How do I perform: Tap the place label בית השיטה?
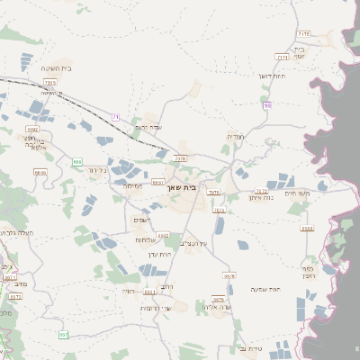point(56,68)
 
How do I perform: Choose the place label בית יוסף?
point(300,52)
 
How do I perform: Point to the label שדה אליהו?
point(219,307)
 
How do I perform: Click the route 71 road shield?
point(115,117)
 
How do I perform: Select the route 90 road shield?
point(267,106)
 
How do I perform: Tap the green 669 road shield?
point(77,161)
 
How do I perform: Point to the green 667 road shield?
point(64,335)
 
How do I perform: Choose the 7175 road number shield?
point(303,33)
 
